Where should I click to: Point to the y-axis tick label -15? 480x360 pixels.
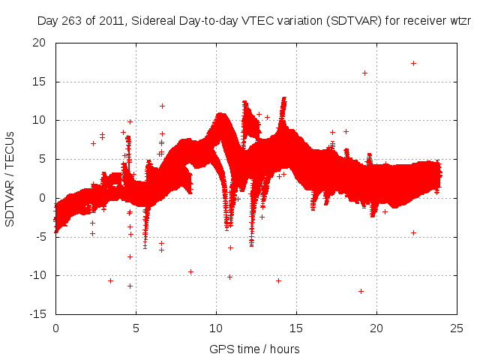pos(40,314)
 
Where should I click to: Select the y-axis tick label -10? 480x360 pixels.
pos(40,275)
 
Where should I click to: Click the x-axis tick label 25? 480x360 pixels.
pos(457,328)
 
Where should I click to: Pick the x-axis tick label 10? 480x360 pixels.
pos(216,328)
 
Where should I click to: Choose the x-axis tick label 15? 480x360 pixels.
pos(296,328)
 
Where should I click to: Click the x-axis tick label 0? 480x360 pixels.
pos(55,328)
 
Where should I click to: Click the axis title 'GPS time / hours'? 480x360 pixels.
pos(256,349)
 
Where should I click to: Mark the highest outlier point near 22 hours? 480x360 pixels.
pos(413,63)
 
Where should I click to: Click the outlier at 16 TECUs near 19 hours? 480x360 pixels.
pos(364,73)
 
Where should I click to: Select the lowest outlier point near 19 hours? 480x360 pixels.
pos(361,291)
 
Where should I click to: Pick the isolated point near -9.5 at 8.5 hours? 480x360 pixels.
pos(190,271)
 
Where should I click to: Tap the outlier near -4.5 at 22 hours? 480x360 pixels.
pos(413,232)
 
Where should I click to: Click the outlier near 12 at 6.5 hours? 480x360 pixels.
pos(162,106)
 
